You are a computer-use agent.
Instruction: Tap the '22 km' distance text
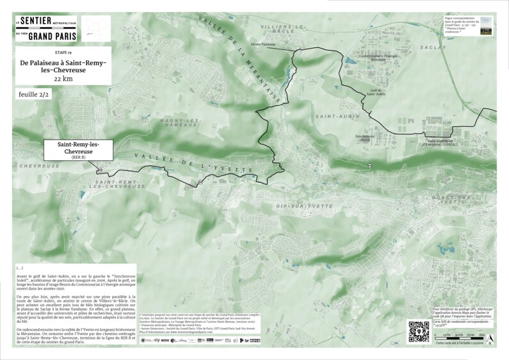tap(63, 78)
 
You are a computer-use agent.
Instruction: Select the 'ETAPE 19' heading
tap(63, 50)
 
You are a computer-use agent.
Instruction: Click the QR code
tap(418, 331)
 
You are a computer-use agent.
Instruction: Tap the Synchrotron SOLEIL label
tap(364, 138)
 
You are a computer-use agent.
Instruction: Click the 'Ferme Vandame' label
tap(263, 44)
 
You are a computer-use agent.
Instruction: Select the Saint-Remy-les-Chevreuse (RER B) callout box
tap(78, 149)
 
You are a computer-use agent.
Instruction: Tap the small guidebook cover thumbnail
tap(486, 28)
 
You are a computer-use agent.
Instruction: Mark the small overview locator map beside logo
tap(96, 28)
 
